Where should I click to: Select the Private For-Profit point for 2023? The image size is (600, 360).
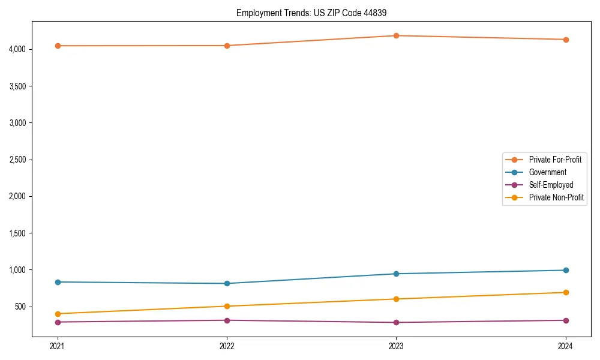tap(396, 35)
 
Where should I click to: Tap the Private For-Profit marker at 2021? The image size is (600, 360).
tap(58, 46)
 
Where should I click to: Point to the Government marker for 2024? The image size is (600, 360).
tap(565, 270)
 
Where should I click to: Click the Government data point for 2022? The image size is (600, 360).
tap(227, 283)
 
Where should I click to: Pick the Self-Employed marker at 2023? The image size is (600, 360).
tap(396, 322)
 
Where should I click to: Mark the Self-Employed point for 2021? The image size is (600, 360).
tap(58, 322)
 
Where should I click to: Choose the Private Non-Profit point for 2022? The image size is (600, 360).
tap(227, 306)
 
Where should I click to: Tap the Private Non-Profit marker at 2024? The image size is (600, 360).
tap(565, 292)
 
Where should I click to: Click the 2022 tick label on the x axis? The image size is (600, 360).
tap(227, 346)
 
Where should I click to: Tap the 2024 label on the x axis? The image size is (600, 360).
tap(565, 346)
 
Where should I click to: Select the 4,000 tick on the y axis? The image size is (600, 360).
tap(17, 49)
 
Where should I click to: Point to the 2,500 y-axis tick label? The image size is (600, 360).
tap(17, 160)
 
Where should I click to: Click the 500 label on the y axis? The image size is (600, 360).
tap(20, 307)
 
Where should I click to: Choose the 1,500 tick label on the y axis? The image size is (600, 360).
tap(17, 233)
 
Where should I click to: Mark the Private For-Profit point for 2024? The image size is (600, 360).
tap(565, 40)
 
